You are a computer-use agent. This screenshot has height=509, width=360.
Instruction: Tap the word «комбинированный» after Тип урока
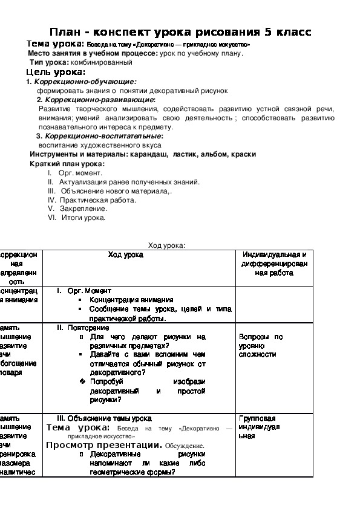click(102, 62)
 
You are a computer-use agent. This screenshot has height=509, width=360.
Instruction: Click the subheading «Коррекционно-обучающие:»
click(85, 81)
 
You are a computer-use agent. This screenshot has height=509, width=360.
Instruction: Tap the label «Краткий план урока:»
click(67, 164)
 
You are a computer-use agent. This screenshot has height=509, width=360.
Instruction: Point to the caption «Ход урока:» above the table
click(167, 245)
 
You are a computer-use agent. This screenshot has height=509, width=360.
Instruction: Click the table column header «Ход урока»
click(126, 255)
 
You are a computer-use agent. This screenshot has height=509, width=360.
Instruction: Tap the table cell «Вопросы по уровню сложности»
click(261, 346)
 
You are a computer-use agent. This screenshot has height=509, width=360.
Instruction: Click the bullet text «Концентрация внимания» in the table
click(131, 299)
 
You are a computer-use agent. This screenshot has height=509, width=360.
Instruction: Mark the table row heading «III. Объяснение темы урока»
click(104, 418)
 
